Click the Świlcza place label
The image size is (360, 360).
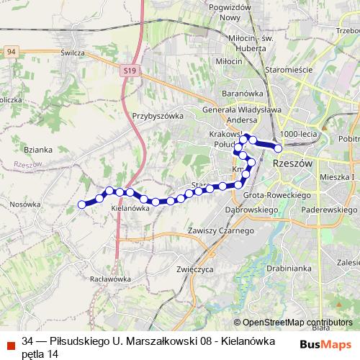73,53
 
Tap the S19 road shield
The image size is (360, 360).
129,71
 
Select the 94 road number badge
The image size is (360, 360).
10,52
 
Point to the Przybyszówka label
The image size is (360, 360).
158,114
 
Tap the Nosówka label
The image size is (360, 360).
25,204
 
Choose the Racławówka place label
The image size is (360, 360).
109,278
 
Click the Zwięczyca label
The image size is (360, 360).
192,269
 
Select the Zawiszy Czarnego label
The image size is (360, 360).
220,230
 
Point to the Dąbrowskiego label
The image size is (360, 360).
252,209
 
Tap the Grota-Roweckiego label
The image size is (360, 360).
276,195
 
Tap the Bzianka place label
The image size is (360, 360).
37,150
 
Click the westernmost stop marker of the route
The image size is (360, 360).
81,204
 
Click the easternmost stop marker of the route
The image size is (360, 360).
278,149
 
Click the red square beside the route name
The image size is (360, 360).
9,344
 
